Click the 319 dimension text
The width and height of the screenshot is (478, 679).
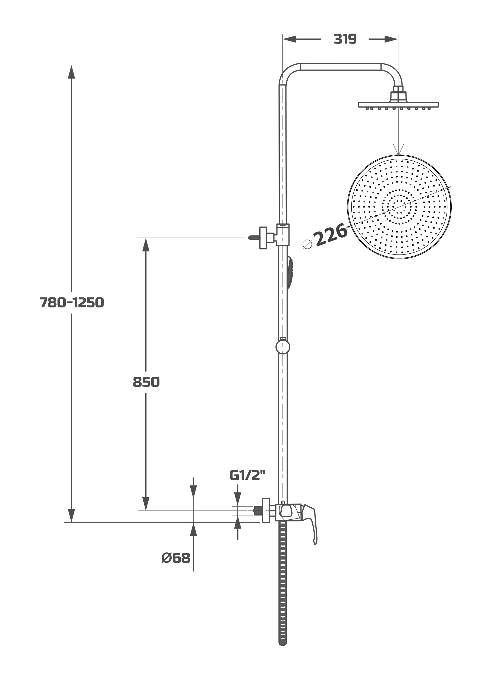pos(345,39)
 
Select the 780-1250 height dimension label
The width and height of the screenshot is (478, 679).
pos(72,303)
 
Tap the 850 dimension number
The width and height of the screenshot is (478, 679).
pos(146,382)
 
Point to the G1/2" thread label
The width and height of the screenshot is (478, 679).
pos(247,476)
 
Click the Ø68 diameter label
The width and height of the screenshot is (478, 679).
pos(176,558)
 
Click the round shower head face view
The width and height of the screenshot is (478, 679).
pos(399,207)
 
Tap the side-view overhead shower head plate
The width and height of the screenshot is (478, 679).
pos(398,105)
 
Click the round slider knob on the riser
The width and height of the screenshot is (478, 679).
pos(283,347)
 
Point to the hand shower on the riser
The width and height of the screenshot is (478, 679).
pos(290,274)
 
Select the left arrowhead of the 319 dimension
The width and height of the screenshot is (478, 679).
pos(289,39)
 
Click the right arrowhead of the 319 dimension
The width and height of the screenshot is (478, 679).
pos(391,39)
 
